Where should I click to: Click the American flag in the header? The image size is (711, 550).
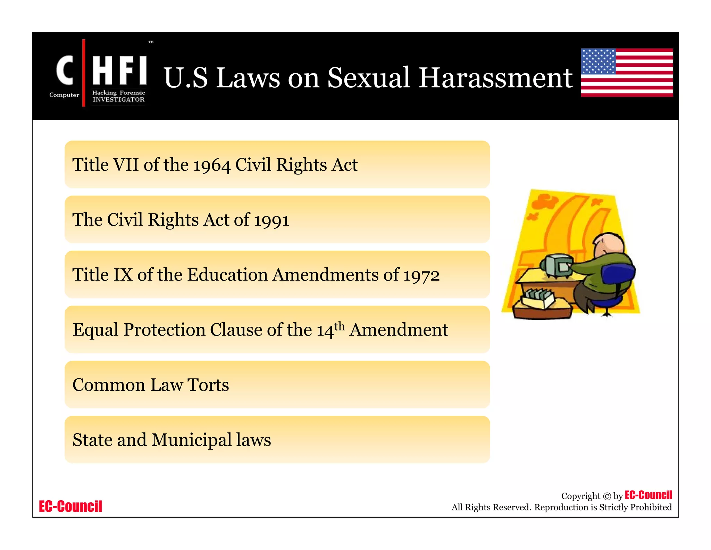click(627, 72)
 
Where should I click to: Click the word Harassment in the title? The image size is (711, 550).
click(495, 78)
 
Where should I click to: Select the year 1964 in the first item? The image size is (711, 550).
click(211, 165)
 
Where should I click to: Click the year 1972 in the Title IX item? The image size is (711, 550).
click(421, 275)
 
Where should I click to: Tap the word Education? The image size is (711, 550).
click(227, 275)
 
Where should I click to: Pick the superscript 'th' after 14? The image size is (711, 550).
click(340, 326)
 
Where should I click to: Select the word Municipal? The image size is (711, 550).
click(192, 440)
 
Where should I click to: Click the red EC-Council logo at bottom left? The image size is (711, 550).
click(70, 506)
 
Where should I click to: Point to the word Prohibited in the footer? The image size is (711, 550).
click(651, 507)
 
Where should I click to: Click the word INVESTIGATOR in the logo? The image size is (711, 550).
click(118, 100)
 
